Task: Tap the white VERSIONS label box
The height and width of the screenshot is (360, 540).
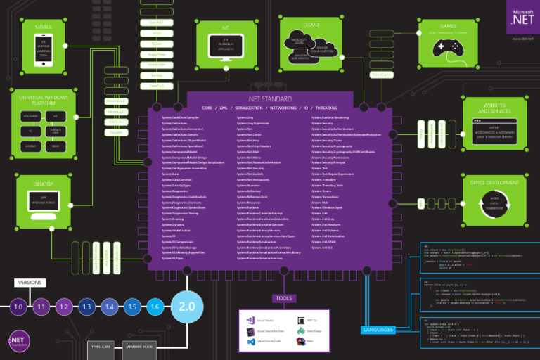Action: click(30, 283)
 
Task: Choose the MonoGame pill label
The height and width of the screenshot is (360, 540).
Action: click(381, 74)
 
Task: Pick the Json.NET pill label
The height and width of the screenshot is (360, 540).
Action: click(157, 22)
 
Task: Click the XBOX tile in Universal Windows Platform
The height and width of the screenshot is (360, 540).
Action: click(55, 146)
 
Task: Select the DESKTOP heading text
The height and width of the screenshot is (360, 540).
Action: click(44, 184)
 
